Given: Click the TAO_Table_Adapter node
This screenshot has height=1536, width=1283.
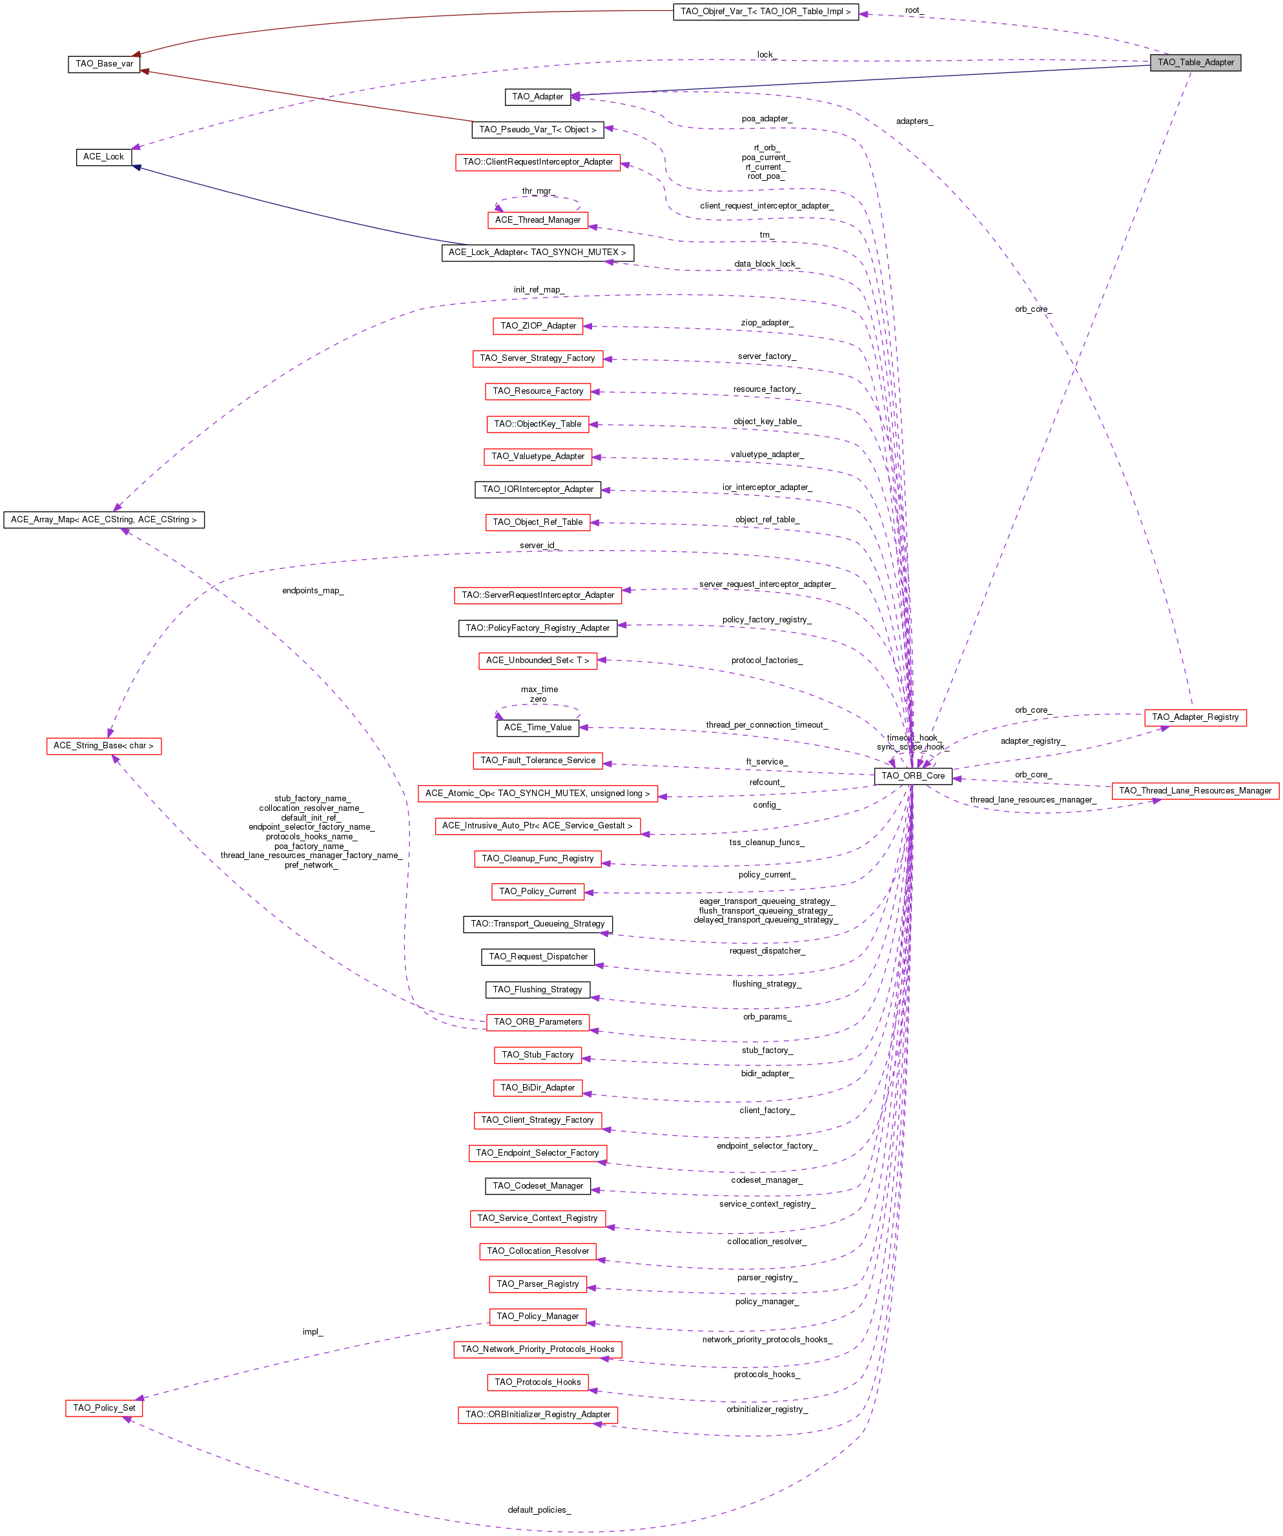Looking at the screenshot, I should [x=1195, y=63].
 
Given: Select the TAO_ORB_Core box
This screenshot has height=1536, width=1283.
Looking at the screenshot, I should [x=913, y=776].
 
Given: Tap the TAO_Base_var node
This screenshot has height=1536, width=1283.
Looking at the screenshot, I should [x=104, y=64].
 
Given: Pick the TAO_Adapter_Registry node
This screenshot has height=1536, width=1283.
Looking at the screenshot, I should [x=1195, y=717].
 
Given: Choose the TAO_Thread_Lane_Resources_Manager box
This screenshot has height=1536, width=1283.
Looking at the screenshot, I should [x=1195, y=791].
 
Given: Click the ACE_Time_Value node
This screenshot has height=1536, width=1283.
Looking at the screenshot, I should [x=538, y=728].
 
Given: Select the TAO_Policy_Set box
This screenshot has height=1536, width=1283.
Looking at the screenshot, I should [x=104, y=1408].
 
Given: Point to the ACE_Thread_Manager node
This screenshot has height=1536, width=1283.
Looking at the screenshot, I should [x=538, y=220].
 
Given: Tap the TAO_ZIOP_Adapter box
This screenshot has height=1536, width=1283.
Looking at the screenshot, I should [x=538, y=326].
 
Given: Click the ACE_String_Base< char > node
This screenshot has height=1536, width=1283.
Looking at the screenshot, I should [x=104, y=746].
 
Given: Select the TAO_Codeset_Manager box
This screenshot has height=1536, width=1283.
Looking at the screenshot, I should [x=538, y=1185].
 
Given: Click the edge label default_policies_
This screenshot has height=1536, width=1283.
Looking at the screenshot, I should [x=539, y=1510].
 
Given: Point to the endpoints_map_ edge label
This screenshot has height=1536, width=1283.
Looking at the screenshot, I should [x=313, y=591].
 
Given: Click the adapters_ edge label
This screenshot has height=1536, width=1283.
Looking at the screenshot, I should [x=914, y=121].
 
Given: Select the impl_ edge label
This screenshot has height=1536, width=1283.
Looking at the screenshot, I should [x=313, y=1332].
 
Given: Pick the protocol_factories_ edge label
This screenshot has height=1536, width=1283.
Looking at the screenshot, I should [x=766, y=660].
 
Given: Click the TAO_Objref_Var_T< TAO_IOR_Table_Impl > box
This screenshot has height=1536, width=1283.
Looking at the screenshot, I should [x=765, y=12].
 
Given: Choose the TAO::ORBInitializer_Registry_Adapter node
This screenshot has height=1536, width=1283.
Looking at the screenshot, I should [x=538, y=1415].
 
